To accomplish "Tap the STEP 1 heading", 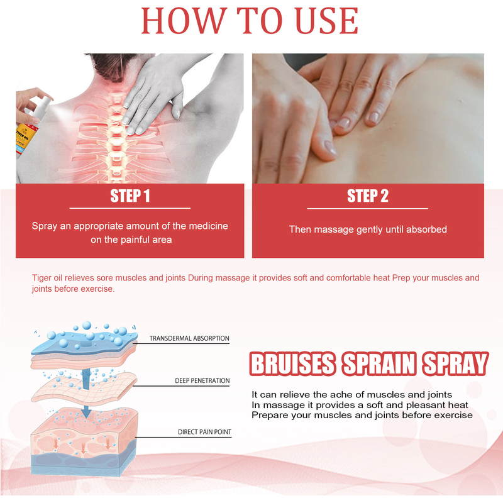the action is (130, 196).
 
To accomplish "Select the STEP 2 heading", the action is (368, 196).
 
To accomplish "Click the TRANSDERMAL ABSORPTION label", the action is (189, 338).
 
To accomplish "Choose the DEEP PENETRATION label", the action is (202, 380).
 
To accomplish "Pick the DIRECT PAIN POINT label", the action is (205, 432).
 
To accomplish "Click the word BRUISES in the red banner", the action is (292, 364).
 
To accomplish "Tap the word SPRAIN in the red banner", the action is (379, 364).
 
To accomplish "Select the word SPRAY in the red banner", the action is (455, 364).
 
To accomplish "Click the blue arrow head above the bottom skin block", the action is (86, 412).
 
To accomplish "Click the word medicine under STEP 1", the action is (208, 226).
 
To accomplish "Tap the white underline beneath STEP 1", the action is (130, 208).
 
